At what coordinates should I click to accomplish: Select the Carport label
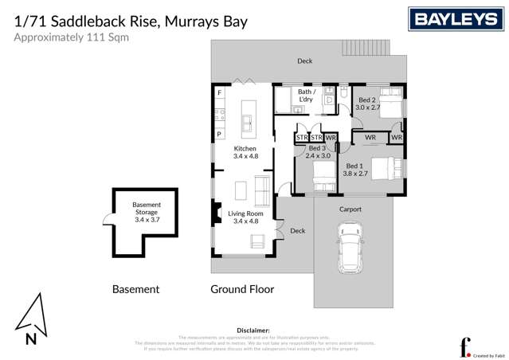tap(350, 209)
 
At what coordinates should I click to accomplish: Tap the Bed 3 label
tap(317, 152)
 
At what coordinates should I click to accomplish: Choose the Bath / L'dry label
tap(307, 96)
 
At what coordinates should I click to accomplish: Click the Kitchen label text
tap(245, 153)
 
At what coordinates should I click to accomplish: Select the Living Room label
tap(245, 217)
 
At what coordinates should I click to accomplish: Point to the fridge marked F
tap(219, 93)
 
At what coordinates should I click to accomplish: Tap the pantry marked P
tap(219, 135)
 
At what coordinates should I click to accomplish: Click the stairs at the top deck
tap(367, 48)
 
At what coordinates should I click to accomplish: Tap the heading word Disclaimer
tap(253, 330)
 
